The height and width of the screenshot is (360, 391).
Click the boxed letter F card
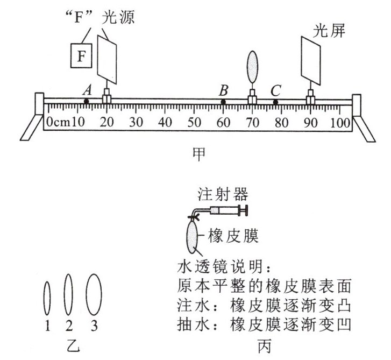tap(82, 55)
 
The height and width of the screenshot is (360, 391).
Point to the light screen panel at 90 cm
tap(311, 62)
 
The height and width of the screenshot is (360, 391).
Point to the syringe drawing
tap(226, 210)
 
